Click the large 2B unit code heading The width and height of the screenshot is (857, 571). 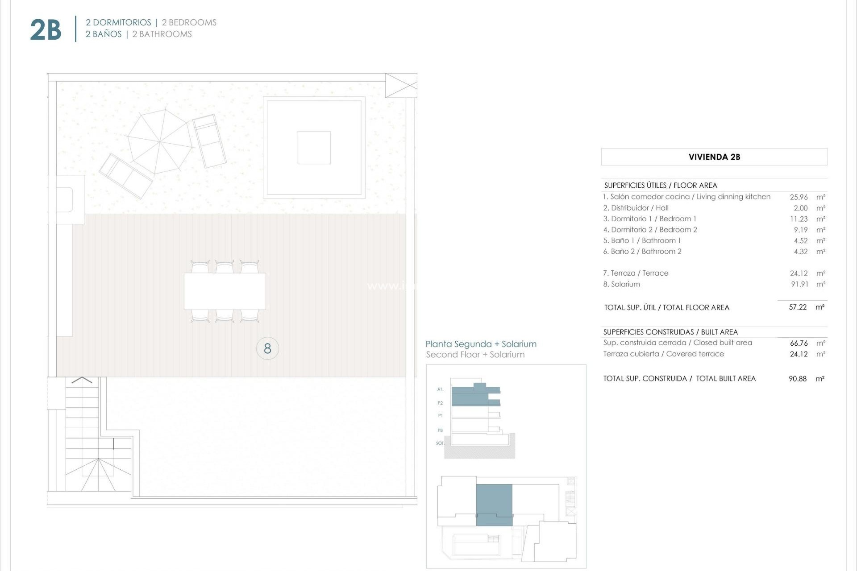click(46, 30)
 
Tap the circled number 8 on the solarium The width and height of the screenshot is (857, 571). click(267, 348)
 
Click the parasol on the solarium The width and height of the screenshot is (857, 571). click(159, 142)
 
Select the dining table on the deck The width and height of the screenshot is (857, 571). click(225, 291)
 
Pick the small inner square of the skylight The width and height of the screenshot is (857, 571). click(314, 148)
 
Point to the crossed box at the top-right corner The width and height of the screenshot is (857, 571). click(401, 86)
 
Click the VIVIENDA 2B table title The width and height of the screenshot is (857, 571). click(714, 157)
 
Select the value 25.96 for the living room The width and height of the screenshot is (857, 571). click(799, 197)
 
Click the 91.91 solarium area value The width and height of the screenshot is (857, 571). click(799, 284)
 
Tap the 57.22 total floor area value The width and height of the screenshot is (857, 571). click(798, 307)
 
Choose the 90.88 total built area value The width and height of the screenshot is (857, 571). click(798, 379)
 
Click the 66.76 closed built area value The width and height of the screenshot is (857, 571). click(799, 343)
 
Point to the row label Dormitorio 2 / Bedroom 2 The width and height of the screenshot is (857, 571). click(650, 230)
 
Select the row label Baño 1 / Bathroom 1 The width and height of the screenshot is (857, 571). click(642, 240)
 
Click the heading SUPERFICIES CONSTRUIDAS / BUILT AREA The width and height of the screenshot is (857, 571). click(670, 332)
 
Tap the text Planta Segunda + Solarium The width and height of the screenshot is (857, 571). click(481, 344)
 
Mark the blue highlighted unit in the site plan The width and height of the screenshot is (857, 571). click(494, 504)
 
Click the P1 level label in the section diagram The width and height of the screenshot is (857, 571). click(440, 416)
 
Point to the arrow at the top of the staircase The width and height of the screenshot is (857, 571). click(82, 380)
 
